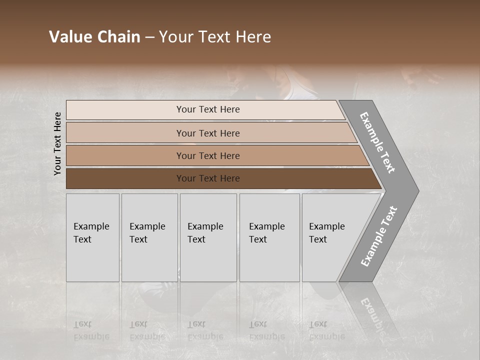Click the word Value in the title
point(69,37)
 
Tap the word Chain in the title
point(118,37)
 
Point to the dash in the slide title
point(149,37)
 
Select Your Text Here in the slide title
point(215,37)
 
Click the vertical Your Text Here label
point(57,144)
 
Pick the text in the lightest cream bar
point(208,109)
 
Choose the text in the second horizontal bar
point(208,133)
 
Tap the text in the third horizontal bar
point(208,155)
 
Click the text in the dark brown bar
point(208,178)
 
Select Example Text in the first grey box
point(91,233)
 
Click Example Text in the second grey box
point(147,233)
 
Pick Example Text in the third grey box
point(205,233)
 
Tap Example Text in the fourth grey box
point(266,233)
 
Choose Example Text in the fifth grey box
point(326,233)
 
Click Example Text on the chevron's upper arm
point(377,142)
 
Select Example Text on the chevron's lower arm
point(378,236)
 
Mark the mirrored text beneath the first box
point(91,330)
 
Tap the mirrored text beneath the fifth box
point(326,330)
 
